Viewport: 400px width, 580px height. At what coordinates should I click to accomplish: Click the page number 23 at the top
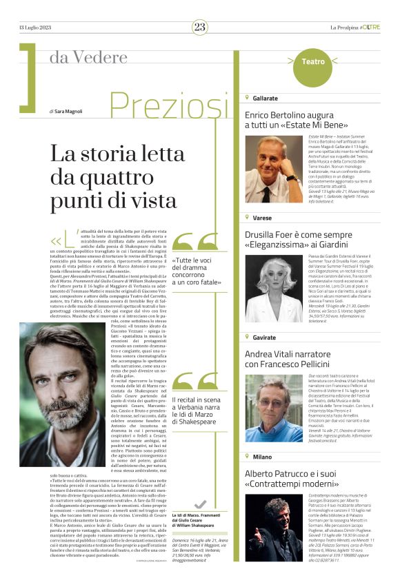pyautogui.click(x=200, y=27)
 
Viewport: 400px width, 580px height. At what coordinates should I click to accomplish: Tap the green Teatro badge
pyautogui.click(x=313, y=62)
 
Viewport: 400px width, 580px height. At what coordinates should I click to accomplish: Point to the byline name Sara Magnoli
pyautogui.click(x=73, y=110)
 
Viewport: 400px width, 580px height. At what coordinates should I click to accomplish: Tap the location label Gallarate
pyautogui.click(x=265, y=99)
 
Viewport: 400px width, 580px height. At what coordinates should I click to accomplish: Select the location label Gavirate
pyautogui.click(x=265, y=338)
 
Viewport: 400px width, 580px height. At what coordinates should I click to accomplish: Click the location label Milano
pyautogui.click(x=262, y=457)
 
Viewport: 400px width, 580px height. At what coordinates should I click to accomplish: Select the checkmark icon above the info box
pyautogui.click(x=201, y=504)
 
